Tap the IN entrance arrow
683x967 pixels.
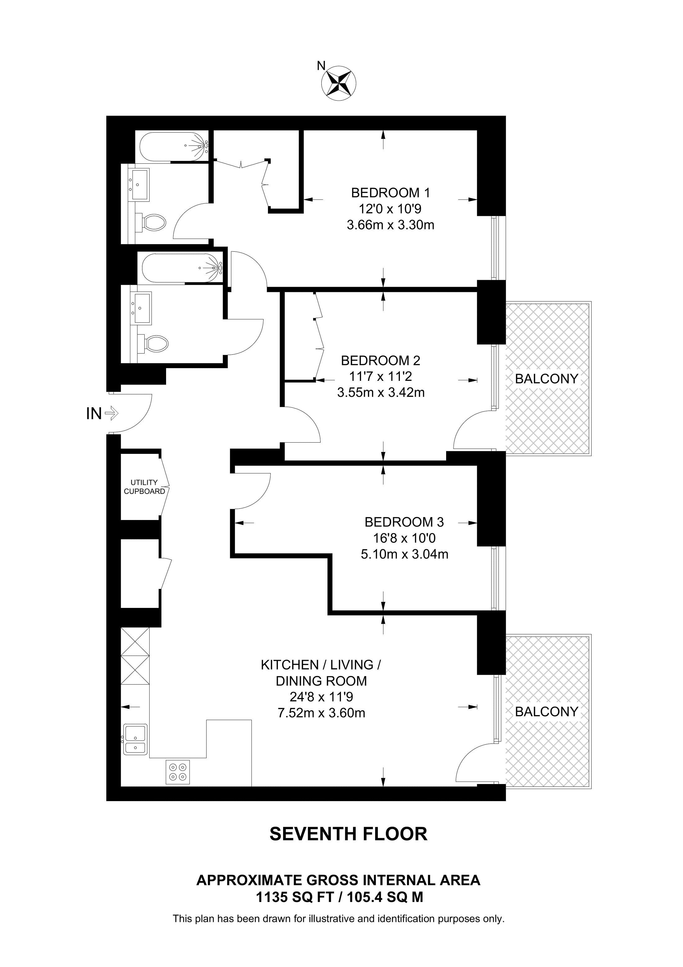[111, 413]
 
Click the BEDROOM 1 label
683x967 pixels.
[390, 193]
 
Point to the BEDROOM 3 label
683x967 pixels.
[404, 522]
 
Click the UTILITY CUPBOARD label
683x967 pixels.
[144, 487]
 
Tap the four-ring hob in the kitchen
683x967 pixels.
[178, 772]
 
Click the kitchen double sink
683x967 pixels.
[135, 739]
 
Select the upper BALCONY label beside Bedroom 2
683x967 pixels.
[546, 379]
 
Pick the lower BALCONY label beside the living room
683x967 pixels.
[546, 712]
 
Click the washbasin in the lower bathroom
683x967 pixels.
[142, 308]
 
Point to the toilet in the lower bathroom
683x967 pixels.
[156, 343]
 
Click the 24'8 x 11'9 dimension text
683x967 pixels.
[321, 697]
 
